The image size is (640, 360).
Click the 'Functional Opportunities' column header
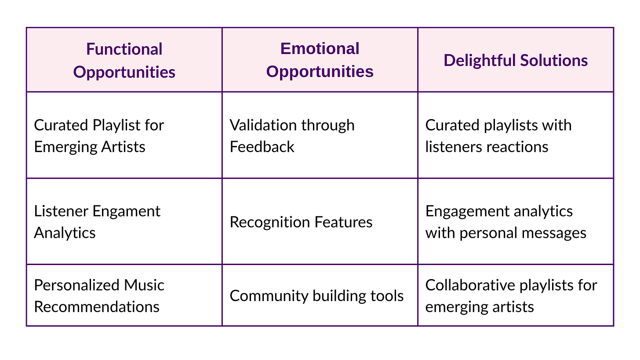point(124,60)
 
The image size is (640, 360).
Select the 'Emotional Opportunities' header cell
point(320,60)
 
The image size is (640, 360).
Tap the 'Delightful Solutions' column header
point(516,60)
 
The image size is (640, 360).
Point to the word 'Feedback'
point(262,147)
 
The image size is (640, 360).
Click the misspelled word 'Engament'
point(126,212)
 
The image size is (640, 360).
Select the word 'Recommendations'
point(97,307)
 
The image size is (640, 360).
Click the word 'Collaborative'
point(470,285)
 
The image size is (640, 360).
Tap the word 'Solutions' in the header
point(554,60)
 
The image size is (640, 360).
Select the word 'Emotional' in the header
point(320,48)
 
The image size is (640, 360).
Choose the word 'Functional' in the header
point(124,49)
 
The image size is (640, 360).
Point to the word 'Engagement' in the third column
point(467,212)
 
